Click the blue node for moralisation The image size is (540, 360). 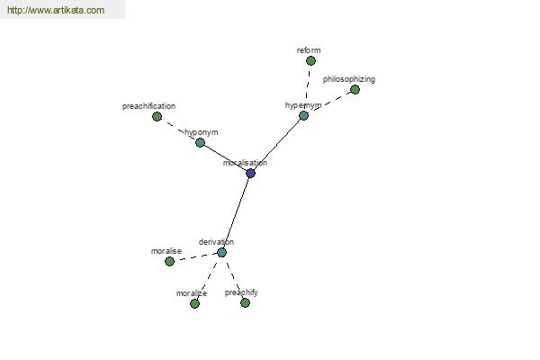[251, 174]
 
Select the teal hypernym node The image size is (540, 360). [303, 115]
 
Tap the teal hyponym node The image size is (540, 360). [200, 142]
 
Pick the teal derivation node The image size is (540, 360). [221, 253]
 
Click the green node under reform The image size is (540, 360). [310, 61]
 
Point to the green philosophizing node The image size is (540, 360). [355, 90]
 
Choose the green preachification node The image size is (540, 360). [157, 116]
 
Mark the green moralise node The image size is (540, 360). [169, 262]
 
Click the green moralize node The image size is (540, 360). [194, 303]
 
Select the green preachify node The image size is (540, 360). [245, 302]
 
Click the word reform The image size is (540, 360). [309, 50]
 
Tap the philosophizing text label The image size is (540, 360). [349, 79]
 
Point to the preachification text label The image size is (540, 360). [148, 106]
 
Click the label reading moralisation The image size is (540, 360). [245, 163]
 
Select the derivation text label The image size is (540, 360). [216, 242]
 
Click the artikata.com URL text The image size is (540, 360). [56, 10]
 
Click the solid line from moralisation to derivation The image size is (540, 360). [236, 213]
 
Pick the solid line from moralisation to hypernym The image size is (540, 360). [277, 144]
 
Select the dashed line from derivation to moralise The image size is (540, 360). [195, 257]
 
